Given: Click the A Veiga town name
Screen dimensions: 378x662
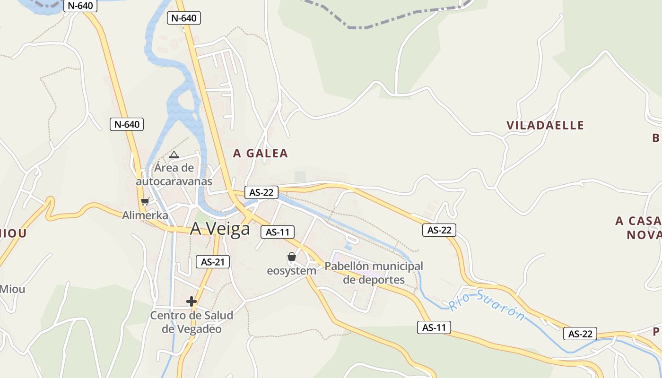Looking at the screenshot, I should click(220, 229).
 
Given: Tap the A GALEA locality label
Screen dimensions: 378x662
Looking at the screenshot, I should click(261, 153).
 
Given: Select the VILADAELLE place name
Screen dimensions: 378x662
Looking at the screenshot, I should click(545, 125).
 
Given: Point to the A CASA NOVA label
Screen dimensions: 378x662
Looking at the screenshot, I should click(638, 228).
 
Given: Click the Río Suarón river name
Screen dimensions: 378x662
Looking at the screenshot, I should click(487, 305).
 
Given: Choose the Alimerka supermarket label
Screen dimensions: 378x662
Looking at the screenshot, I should click(145, 215).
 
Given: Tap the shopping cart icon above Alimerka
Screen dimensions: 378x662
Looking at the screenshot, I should click(145, 202).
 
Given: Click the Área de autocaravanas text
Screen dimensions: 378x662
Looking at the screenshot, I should click(174, 174).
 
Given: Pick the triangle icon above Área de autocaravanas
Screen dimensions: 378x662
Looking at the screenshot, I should click(174, 155).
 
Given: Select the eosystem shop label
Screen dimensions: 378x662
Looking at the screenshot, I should click(291, 271).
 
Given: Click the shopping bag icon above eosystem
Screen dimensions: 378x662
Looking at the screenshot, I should click(292, 257).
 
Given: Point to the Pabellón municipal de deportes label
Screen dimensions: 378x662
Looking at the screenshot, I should click(374, 273).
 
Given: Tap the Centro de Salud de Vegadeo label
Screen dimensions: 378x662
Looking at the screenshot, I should click(192, 322).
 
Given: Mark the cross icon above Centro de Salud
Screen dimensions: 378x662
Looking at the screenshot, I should click(192, 301).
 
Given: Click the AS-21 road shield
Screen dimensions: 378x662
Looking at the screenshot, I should click(213, 262).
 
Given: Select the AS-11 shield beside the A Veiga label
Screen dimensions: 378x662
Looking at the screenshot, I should click(278, 232).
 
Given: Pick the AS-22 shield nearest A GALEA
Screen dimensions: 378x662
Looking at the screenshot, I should click(261, 192).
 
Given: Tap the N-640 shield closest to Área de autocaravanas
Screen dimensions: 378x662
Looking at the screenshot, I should click(127, 124).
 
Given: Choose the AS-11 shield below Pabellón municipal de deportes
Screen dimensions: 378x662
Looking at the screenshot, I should click(434, 327).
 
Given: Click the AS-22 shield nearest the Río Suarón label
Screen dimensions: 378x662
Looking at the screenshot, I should click(580, 334).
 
